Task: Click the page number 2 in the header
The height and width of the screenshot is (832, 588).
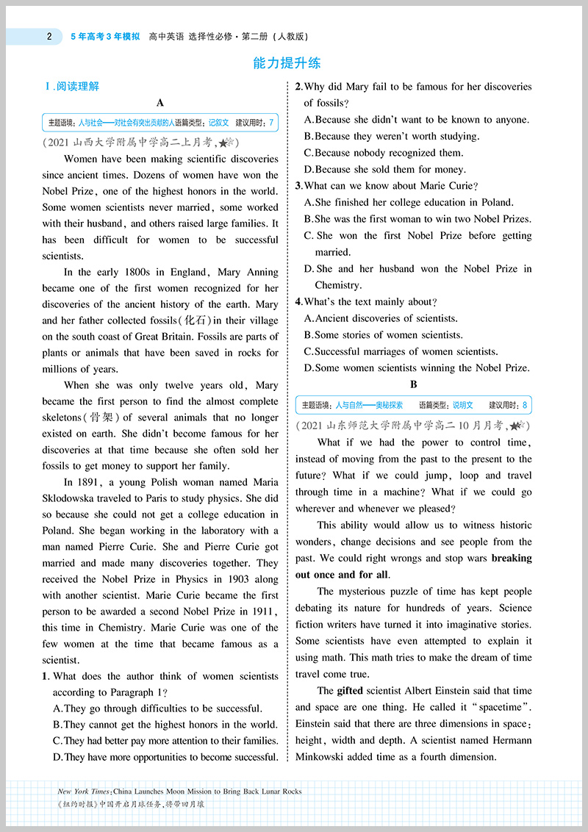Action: pyautogui.click(x=49, y=36)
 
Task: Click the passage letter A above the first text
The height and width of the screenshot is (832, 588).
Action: pyautogui.click(x=160, y=104)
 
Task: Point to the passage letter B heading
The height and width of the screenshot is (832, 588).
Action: pyautogui.click(x=414, y=384)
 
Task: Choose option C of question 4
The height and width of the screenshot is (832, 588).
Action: pyautogui.click(x=401, y=351)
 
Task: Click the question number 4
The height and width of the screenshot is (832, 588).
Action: pyautogui.click(x=298, y=301)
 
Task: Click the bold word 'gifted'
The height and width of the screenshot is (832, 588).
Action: pyautogui.click(x=350, y=691)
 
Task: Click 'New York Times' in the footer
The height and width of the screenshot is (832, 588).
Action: pyautogui.click(x=84, y=792)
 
